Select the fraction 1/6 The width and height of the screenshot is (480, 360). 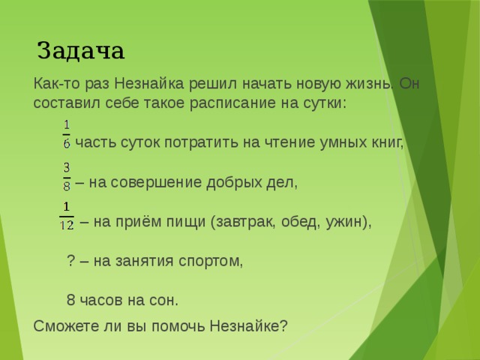coord(67,133)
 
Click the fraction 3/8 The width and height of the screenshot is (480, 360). coord(67,175)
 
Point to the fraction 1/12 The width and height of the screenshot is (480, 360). coord(66,216)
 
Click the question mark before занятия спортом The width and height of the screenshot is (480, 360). coord(70,261)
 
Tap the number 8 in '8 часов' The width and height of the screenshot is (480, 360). coord(70,301)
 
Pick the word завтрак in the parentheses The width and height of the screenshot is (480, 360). coord(245,222)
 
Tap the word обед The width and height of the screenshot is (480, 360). coord(301,222)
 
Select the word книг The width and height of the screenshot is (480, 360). coord(388,142)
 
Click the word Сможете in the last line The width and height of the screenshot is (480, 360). coord(65,326)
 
